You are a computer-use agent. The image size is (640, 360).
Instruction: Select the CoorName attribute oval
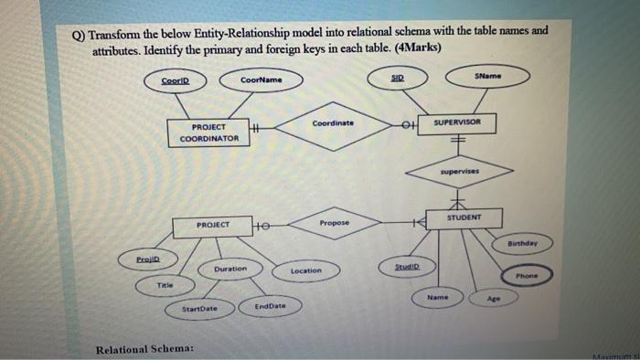click(261, 81)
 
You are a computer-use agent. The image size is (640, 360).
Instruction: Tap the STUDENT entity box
click(464, 217)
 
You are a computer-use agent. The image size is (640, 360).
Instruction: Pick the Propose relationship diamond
click(335, 223)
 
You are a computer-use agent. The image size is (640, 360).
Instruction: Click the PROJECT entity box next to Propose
click(212, 225)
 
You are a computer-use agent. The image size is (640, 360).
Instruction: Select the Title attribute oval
click(165, 285)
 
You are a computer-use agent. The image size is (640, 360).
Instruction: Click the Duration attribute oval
click(230, 270)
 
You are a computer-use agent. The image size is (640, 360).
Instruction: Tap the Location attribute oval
click(305, 270)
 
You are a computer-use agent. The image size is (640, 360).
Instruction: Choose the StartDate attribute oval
click(199, 310)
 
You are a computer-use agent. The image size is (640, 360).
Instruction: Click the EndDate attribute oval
click(271, 307)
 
